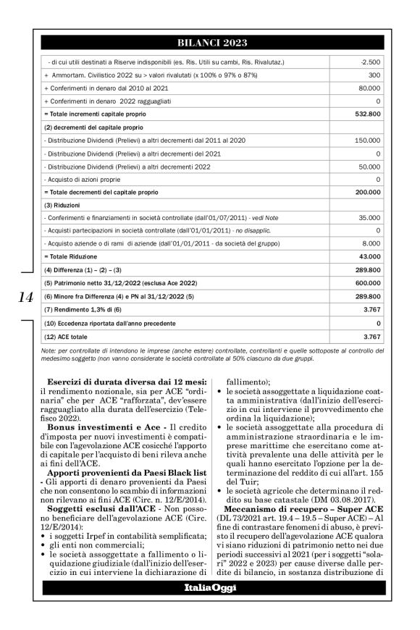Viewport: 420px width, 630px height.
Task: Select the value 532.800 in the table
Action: coord(366,114)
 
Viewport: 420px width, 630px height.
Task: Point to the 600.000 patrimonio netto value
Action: coord(366,282)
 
